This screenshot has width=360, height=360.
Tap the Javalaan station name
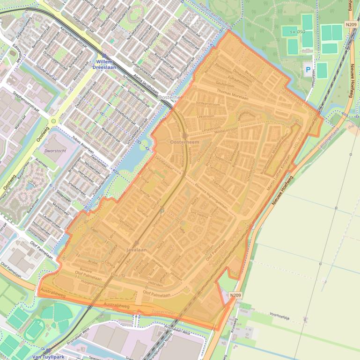click(136, 250)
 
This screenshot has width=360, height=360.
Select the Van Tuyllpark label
click(48, 357)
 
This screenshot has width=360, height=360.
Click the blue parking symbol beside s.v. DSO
click(308, 70)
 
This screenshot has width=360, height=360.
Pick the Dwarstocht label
click(54, 151)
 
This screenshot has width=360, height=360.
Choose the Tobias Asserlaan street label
click(88, 149)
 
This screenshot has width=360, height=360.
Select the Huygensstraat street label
click(92, 283)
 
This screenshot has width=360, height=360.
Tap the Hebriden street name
click(155, 284)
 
